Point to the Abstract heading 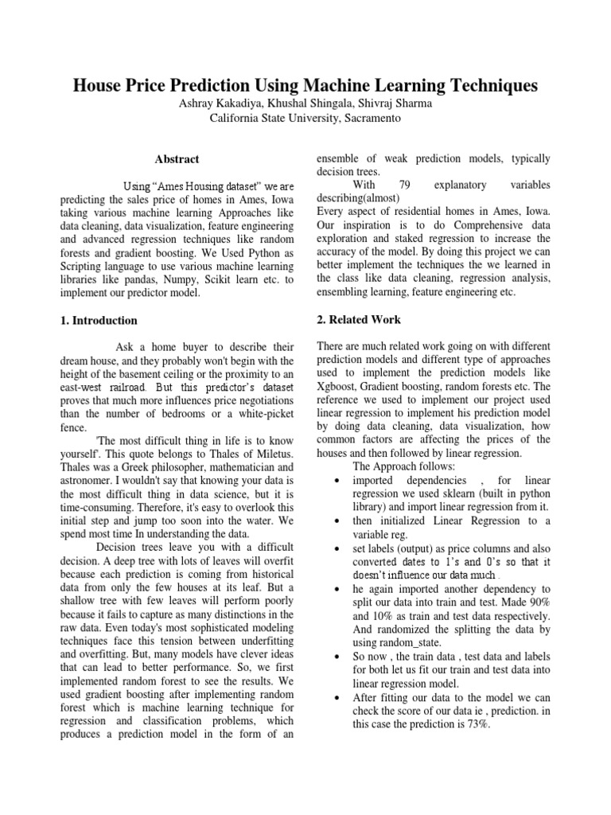coord(177,159)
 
